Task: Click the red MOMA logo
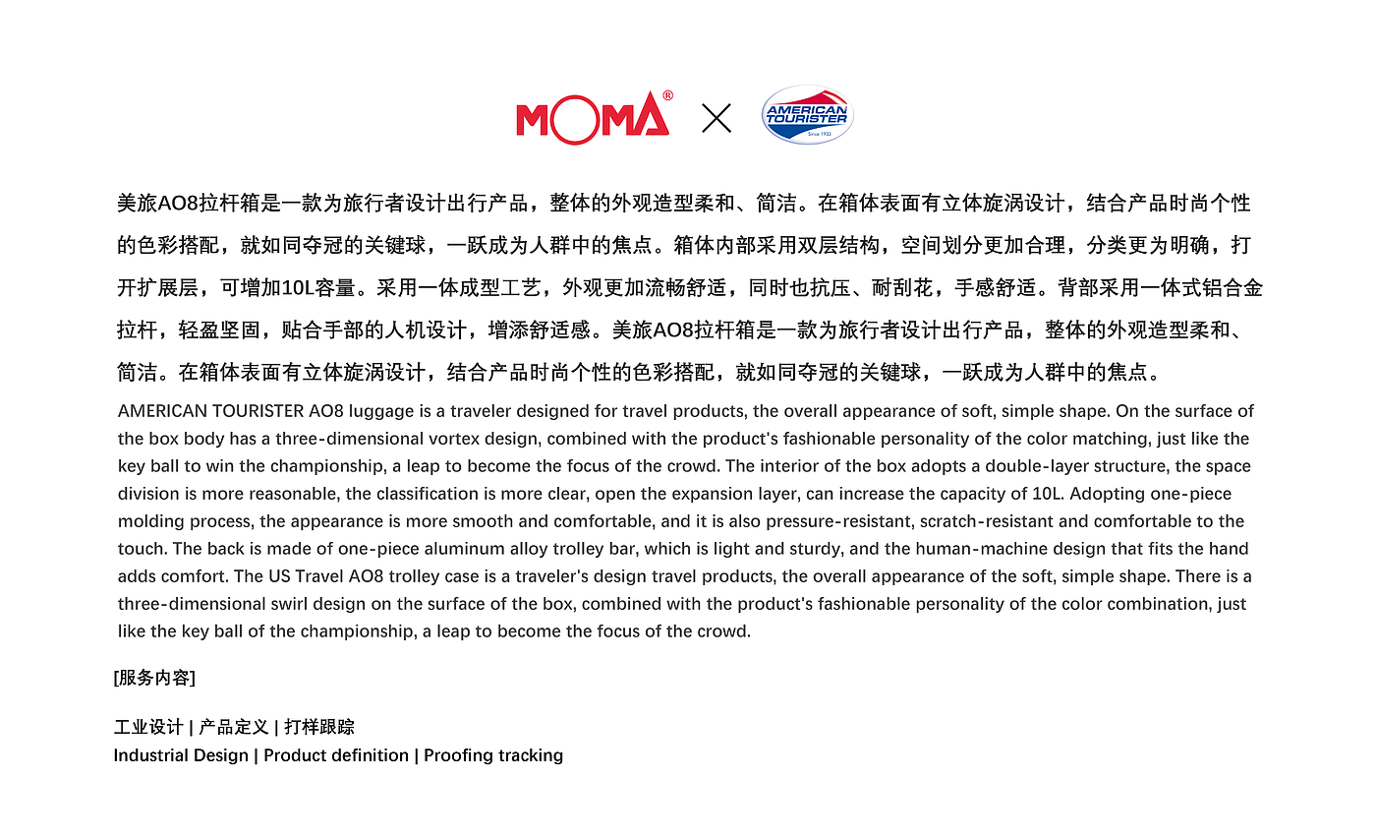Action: point(593,117)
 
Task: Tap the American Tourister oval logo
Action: point(807,115)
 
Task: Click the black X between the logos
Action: point(717,119)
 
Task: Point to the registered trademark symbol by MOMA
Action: point(668,95)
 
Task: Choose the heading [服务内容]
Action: point(154,678)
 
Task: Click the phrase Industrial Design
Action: point(181,755)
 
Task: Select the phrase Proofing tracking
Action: point(493,755)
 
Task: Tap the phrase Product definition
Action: point(336,755)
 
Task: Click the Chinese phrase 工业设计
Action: point(148,728)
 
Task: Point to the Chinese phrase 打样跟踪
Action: point(319,728)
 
